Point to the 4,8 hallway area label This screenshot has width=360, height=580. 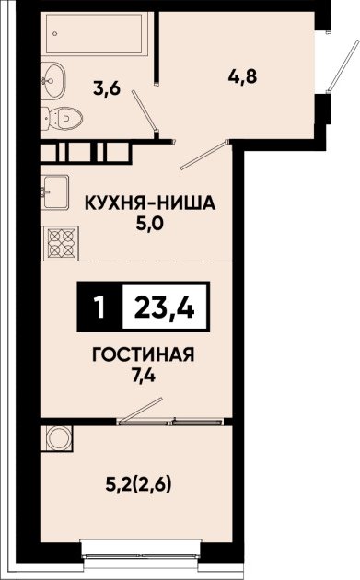(243, 77)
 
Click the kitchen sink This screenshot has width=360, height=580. (54, 192)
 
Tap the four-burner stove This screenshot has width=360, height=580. (60, 243)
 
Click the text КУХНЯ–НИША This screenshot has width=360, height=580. (150, 203)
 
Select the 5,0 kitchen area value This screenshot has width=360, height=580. (149, 224)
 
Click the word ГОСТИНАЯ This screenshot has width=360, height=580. (143, 355)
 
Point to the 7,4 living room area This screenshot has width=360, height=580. (143, 377)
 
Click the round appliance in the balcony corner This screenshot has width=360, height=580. (58, 438)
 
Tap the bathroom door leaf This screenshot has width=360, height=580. (145, 111)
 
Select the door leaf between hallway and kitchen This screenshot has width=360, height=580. (203, 156)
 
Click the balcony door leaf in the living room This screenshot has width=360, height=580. (142, 410)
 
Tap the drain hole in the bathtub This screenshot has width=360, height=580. (55, 34)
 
